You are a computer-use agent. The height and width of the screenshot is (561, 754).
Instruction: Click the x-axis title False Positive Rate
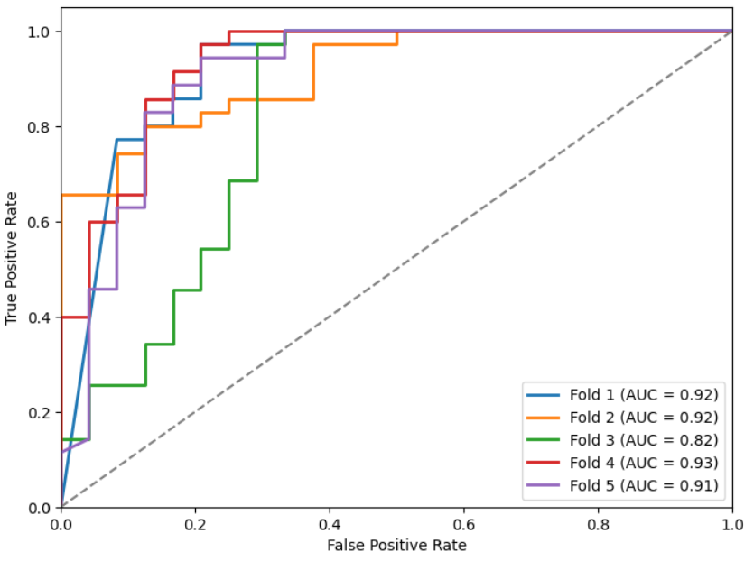pyautogui.click(x=396, y=545)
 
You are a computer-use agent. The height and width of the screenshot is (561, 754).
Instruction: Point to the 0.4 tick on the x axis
pyautogui.click(x=330, y=522)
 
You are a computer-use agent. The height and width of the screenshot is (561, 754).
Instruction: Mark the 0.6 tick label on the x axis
pyautogui.click(x=464, y=522)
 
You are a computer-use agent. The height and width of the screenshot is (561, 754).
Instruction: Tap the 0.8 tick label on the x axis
pyautogui.click(x=598, y=522)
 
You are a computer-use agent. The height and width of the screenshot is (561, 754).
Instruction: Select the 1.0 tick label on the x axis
pyautogui.click(x=731, y=522)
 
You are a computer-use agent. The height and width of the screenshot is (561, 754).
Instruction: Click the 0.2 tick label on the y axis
pyautogui.click(x=42, y=412)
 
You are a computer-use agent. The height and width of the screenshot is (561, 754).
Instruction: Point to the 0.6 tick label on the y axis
pyautogui.click(x=42, y=222)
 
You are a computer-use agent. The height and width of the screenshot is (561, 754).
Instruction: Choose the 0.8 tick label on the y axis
pyautogui.click(x=42, y=127)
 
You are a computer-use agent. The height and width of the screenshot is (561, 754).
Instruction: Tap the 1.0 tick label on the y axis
pyautogui.click(x=42, y=32)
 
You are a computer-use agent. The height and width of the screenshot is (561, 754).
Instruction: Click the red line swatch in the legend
pyautogui.click(x=543, y=463)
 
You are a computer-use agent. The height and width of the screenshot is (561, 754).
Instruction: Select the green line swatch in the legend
pyautogui.click(x=543, y=440)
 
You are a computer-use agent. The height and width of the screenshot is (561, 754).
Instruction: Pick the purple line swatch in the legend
pyautogui.click(x=543, y=485)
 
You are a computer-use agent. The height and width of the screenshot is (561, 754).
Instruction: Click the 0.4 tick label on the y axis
pyautogui.click(x=42, y=317)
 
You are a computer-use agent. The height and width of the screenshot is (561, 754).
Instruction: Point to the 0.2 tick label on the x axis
pyautogui.click(x=195, y=522)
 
